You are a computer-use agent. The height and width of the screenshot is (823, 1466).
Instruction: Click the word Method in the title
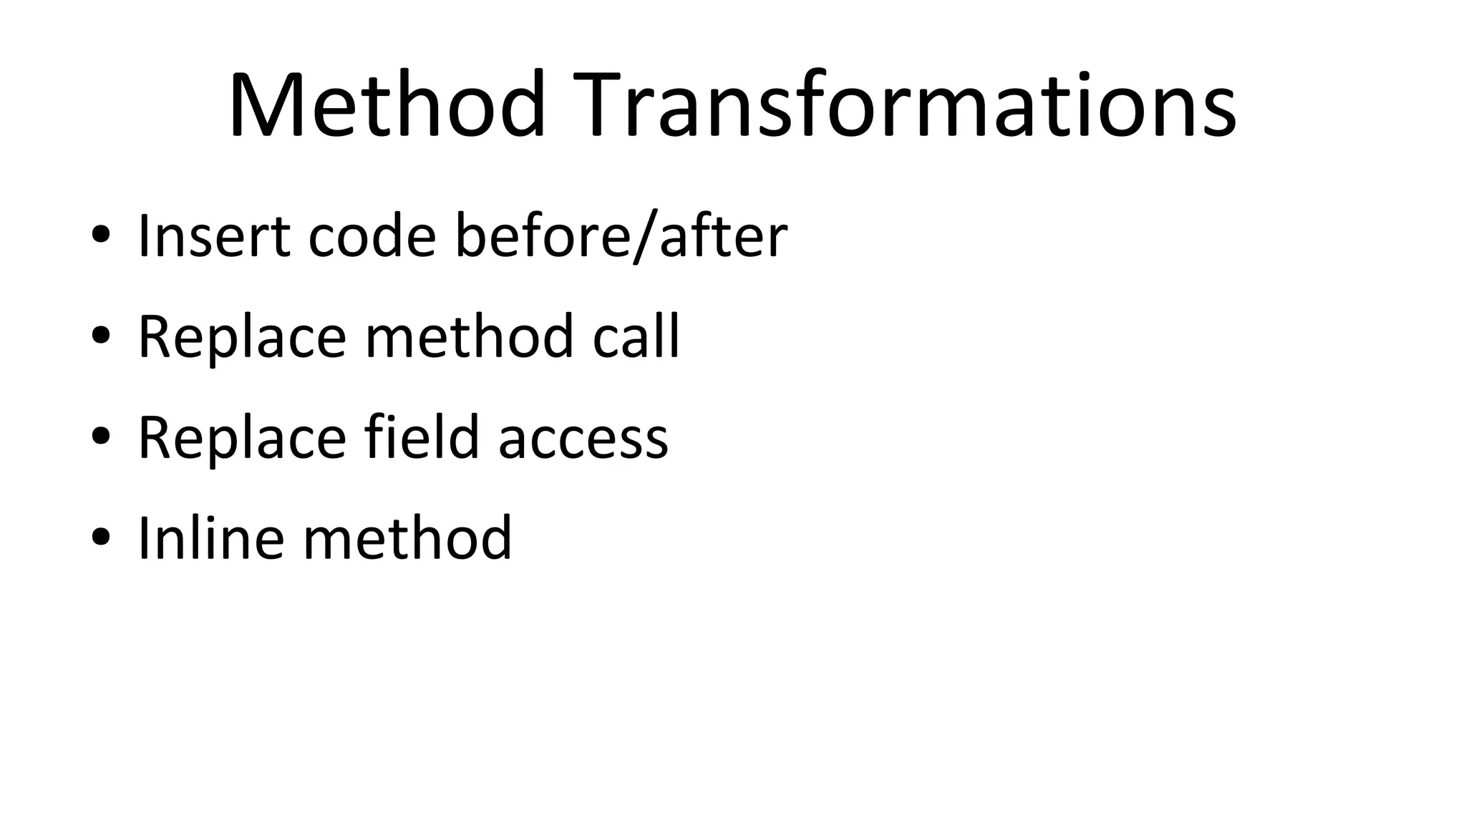tap(387, 105)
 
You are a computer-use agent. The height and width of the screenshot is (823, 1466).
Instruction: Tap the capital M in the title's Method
tap(266, 105)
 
